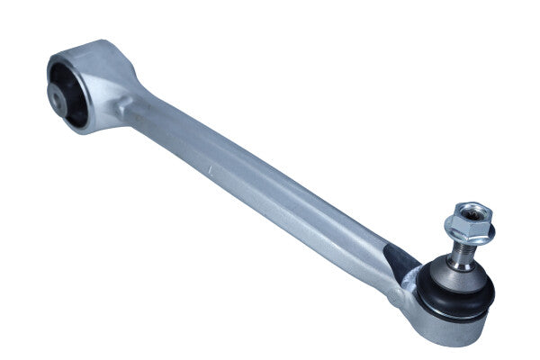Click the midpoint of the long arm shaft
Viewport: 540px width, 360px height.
click(261, 184)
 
